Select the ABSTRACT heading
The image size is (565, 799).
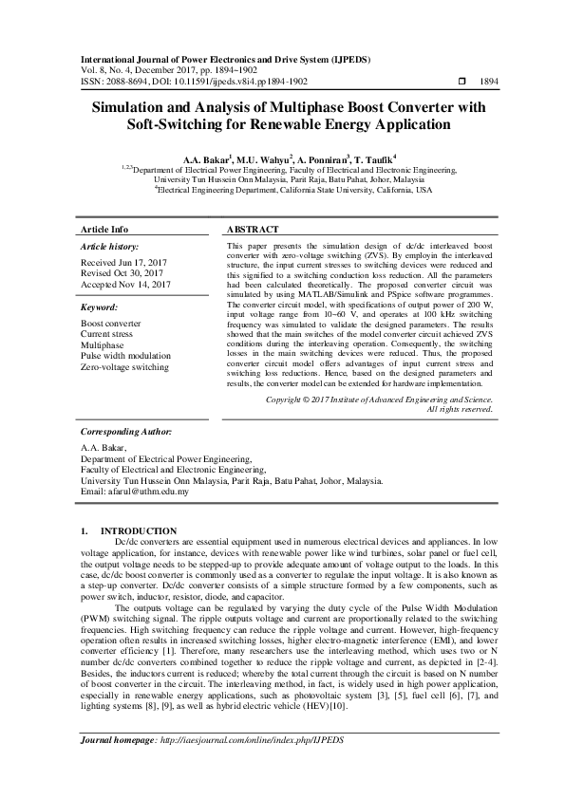[x=253, y=230]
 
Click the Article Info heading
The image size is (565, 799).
[x=104, y=230]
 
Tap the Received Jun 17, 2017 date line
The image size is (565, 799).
[x=123, y=261]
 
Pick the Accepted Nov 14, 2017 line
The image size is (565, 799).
[x=125, y=284]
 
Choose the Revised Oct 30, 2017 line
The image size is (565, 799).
[x=122, y=272]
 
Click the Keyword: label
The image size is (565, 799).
[x=100, y=307]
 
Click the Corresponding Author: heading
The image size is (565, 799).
[x=125, y=431]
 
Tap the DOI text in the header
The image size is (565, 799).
[x=217, y=83]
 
